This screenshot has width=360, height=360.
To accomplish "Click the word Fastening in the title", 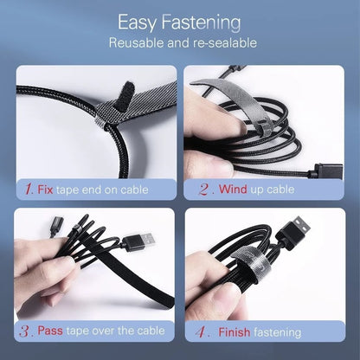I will click(204, 22).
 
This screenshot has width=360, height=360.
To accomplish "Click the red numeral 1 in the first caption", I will click(30, 188).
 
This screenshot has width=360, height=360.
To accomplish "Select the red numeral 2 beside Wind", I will click(203, 188).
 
